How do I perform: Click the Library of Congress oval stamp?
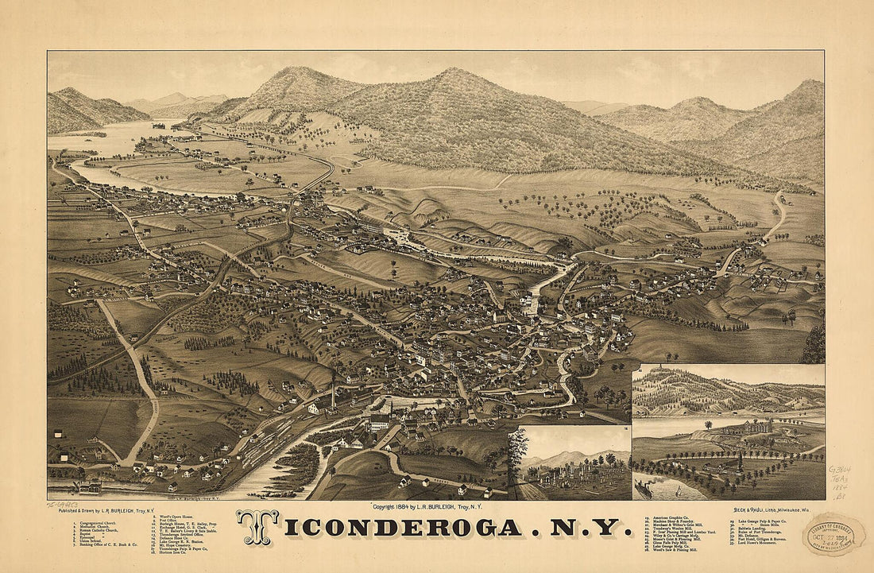tap(833, 533)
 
